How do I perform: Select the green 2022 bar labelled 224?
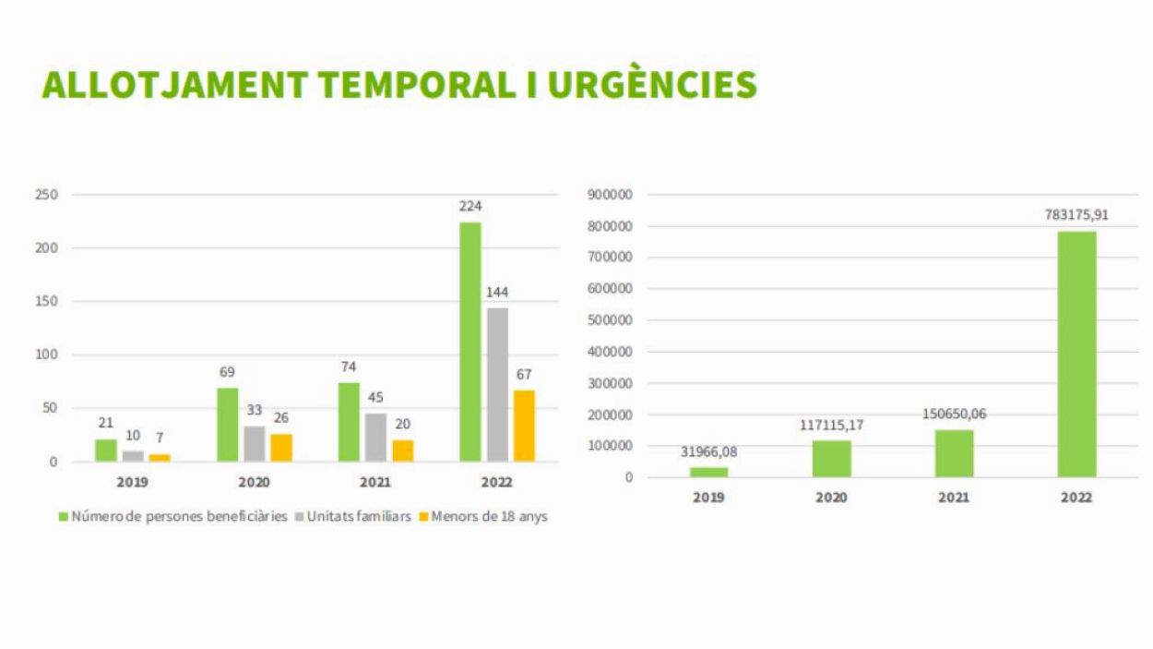(470, 342)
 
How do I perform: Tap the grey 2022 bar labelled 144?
(497, 384)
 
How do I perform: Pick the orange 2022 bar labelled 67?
(524, 426)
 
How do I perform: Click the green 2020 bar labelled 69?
(228, 425)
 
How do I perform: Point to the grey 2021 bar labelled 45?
(375, 437)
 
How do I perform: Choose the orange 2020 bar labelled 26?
(281, 448)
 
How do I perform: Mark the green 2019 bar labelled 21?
(106, 451)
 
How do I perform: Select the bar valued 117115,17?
(831, 459)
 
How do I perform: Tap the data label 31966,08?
(709, 451)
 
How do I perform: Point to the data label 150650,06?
(954, 414)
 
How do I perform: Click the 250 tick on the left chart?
(47, 195)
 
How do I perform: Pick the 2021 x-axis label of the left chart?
(374, 482)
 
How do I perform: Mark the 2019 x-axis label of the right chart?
(708, 498)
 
